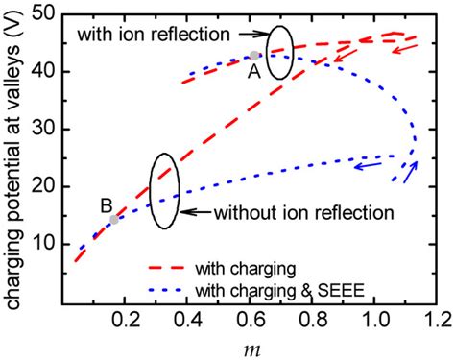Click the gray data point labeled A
coord(254,56)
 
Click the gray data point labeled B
coord(114,220)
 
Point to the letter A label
coord(254,72)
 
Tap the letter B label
coord(107,205)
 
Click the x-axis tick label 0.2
coord(125,320)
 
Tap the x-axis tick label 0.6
coord(250,320)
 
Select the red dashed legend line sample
coord(166,268)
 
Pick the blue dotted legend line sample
coord(165,290)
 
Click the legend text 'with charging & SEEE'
coord(280,291)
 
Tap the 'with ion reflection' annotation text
coord(154,34)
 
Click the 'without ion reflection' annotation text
coord(304,212)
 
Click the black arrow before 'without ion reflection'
coord(195,212)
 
